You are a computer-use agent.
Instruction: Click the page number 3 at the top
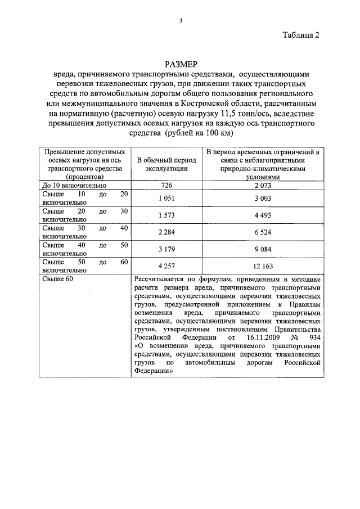click(x=181, y=21)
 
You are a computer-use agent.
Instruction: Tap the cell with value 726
click(x=167, y=185)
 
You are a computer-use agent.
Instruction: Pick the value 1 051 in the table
click(x=167, y=198)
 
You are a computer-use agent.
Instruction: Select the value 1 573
click(x=167, y=215)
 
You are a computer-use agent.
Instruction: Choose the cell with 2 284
click(x=167, y=232)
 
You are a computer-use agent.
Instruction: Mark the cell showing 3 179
click(x=167, y=249)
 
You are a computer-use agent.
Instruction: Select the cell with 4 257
click(x=167, y=266)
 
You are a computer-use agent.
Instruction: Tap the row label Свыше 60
click(x=58, y=278)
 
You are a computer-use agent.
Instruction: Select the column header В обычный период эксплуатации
click(x=167, y=164)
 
